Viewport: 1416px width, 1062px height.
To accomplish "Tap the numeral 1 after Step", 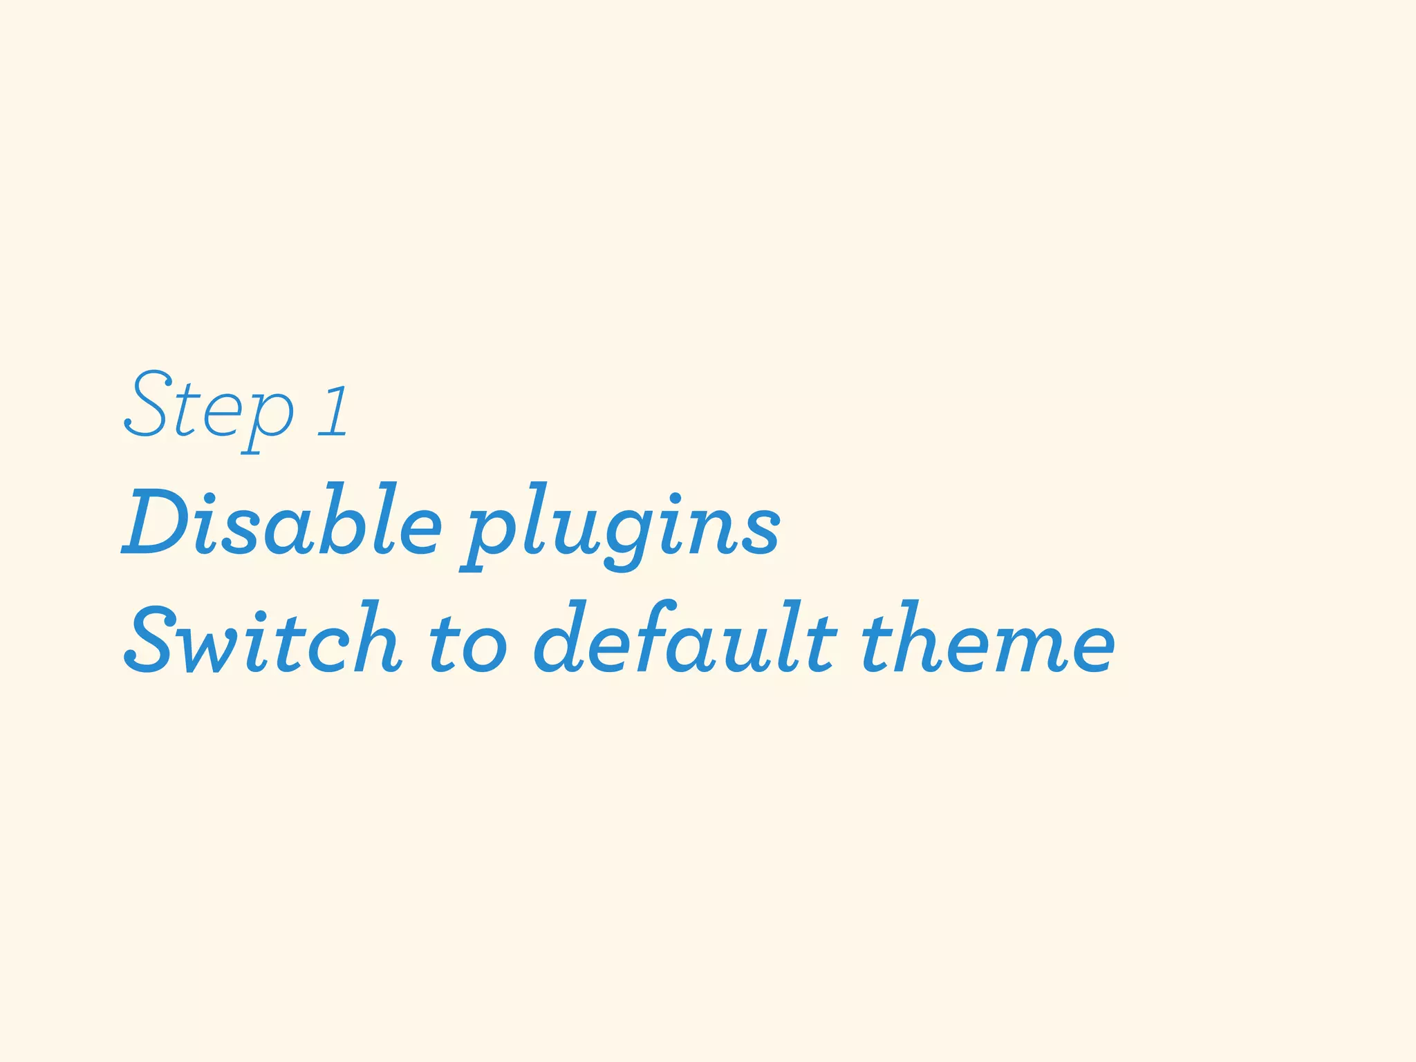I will coord(334,413).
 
